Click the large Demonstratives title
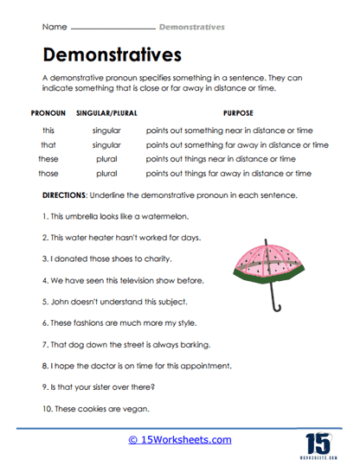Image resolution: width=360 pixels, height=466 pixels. [112, 55]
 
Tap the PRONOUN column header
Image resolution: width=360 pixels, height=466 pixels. [48, 113]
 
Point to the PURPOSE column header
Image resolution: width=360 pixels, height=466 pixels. [237, 113]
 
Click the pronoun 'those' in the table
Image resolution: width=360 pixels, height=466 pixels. [48, 173]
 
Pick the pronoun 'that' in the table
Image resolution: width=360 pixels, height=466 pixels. [48, 144]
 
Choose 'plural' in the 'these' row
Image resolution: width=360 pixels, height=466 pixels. [106, 159]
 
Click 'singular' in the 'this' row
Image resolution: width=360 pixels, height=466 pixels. [106, 130]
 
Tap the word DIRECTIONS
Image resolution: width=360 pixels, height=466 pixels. [67, 195]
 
